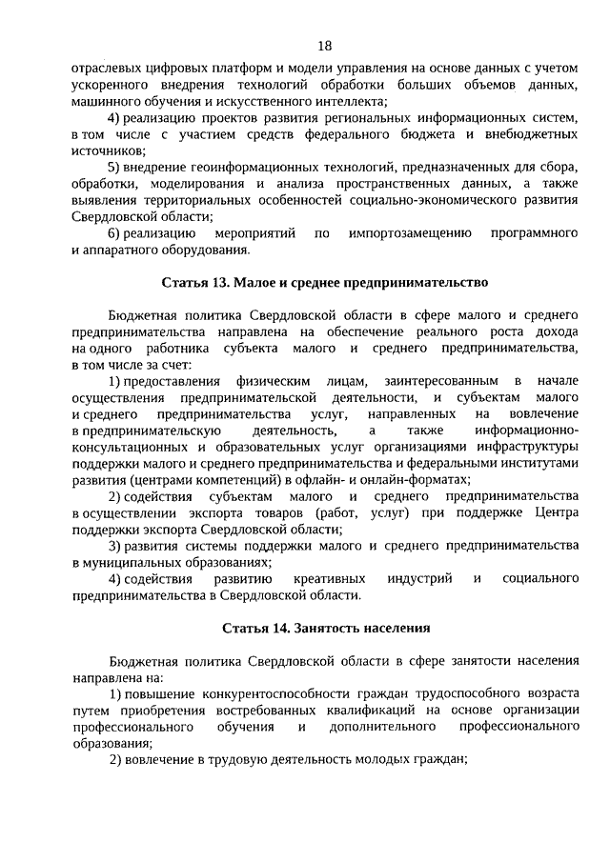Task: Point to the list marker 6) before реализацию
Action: (x=114, y=233)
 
